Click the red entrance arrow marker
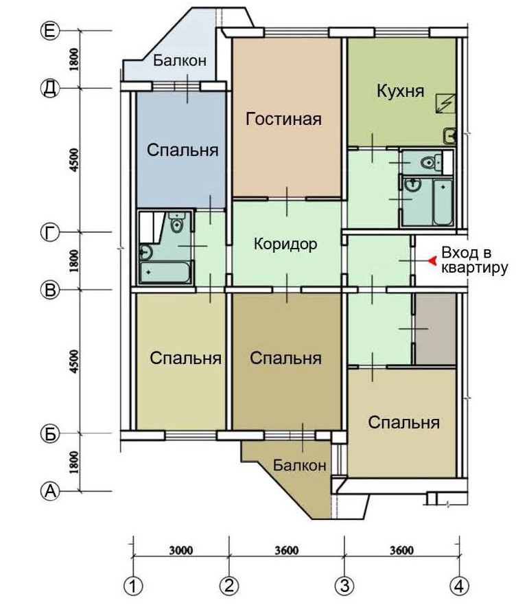(x=432, y=261)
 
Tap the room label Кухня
(x=401, y=91)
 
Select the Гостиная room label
(x=283, y=119)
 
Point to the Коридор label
(x=285, y=244)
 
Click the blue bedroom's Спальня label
(x=183, y=150)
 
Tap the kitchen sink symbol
(x=450, y=136)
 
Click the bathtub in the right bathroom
(x=443, y=202)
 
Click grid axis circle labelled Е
(x=49, y=30)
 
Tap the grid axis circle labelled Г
(x=49, y=233)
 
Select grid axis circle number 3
(x=344, y=587)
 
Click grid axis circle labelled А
(x=49, y=490)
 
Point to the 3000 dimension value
(x=181, y=550)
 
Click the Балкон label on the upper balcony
(x=180, y=60)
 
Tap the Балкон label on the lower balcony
(x=299, y=465)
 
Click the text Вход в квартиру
(x=475, y=260)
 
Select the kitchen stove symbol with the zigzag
(x=446, y=104)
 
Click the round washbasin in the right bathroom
(x=412, y=184)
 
